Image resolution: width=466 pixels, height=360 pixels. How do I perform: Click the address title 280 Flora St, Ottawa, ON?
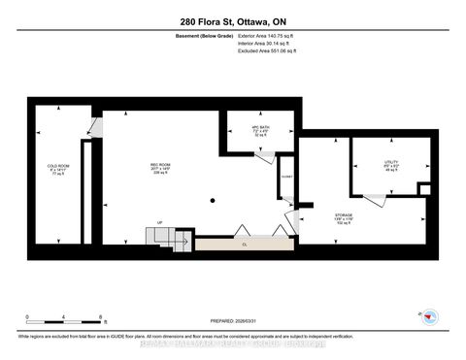coord(232,22)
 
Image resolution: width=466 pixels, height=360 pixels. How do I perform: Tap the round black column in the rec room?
coord(211,201)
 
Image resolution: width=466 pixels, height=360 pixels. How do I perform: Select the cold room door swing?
coord(94,126)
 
